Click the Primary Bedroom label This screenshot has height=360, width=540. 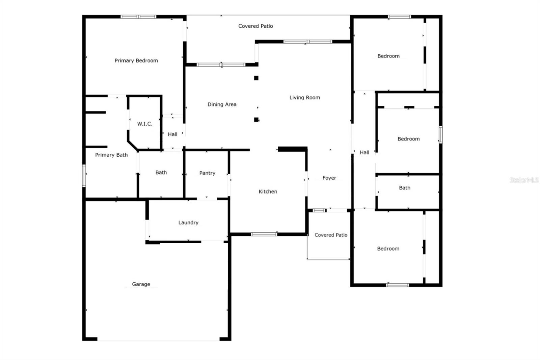pos(136,61)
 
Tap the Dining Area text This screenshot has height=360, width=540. pos(222,104)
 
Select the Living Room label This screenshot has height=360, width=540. pos(304,98)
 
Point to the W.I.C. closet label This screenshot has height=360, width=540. pos(144,124)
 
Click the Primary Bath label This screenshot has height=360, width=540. pos(111,155)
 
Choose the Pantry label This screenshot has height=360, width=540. pos(207,173)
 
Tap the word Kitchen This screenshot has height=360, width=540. pos(268,191)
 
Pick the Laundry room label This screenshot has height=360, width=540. pos(188,223)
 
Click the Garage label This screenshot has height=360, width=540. pos(141,284)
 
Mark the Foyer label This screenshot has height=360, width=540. pos(329,178)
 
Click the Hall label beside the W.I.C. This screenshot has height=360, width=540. pos(172,134)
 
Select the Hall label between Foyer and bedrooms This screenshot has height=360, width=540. pos(364,153)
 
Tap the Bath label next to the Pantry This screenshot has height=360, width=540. pos(161,173)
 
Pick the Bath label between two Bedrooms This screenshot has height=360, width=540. pos(404,188)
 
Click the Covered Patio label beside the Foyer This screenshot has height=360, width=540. pos(331,235)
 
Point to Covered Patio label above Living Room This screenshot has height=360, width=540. pos(255,26)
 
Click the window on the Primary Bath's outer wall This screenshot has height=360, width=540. pos(84,175)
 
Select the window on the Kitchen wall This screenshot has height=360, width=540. pos(264,234)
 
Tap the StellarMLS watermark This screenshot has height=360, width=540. pos(524,180)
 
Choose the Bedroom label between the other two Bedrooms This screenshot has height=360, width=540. pos(408,139)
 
